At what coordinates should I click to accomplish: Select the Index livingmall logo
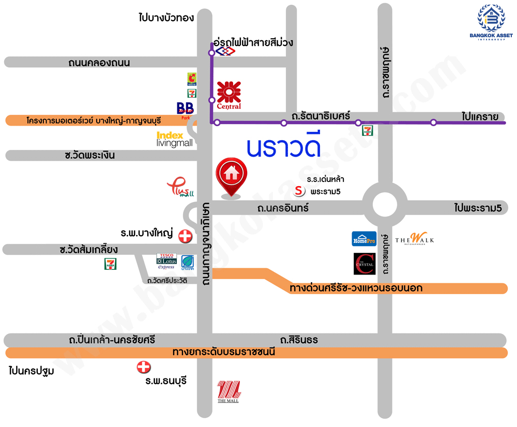point(175,139)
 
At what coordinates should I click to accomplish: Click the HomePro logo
point(364,239)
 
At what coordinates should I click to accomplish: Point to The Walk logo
point(415,239)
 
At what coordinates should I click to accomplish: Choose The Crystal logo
point(364,264)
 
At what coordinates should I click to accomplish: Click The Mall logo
point(229,391)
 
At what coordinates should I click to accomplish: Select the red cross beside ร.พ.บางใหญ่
point(185,237)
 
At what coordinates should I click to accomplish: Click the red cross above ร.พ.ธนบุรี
point(143,368)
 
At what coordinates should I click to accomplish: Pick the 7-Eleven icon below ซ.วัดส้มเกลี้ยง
point(110,264)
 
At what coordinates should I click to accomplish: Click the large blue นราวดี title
point(284,147)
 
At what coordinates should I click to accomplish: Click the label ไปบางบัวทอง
point(166,18)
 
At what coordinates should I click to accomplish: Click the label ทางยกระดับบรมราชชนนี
point(223,353)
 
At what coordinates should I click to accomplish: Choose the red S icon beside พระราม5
point(299,191)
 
